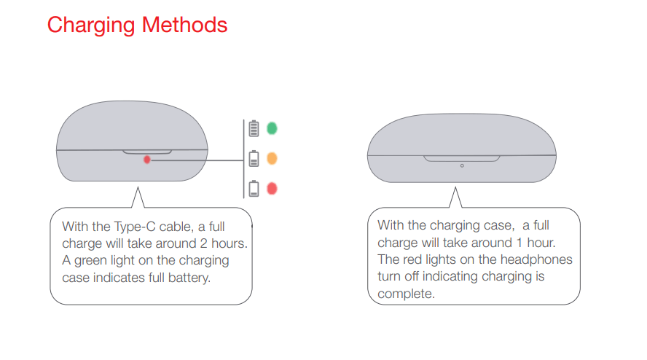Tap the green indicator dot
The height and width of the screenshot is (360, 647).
pos(272,128)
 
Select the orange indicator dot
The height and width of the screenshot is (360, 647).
pos(272,158)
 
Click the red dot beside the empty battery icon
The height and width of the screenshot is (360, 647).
pos(272,189)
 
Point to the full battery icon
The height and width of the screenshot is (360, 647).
pos(254,129)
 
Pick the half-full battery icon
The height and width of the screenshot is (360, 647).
pos(254,158)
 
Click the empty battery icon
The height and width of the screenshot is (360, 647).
pos(254,189)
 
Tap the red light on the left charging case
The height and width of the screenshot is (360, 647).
pos(147,160)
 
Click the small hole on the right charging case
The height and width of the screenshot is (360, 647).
pos(462,165)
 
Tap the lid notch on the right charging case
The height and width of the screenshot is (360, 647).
pos(462,157)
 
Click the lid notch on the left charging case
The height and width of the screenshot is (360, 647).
pos(147,152)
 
